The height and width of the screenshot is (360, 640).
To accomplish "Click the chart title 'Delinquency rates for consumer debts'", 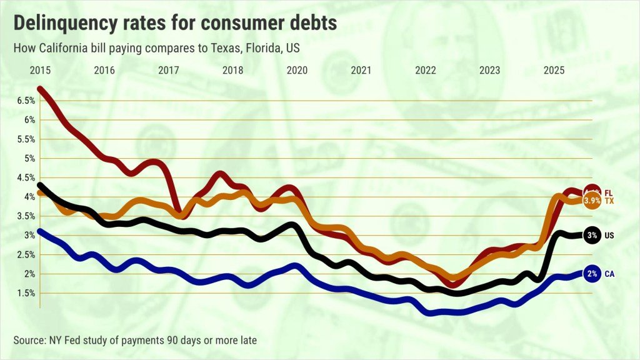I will (x=176, y=24).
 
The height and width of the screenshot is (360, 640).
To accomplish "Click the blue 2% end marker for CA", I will (x=592, y=274).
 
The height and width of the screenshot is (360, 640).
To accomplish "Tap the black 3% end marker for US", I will (x=592, y=235).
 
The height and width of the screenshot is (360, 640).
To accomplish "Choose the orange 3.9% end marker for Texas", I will (x=592, y=201).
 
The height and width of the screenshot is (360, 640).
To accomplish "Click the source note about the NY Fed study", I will (x=135, y=340).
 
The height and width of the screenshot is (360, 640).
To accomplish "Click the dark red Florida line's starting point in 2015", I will (x=41, y=89).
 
